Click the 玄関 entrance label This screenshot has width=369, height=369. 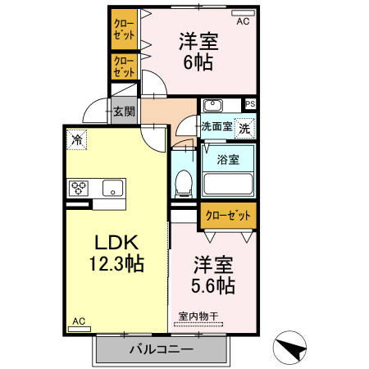(x=125, y=112)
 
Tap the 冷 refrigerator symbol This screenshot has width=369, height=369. (x=77, y=139)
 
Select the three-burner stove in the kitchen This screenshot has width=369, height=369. (x=79, y=189)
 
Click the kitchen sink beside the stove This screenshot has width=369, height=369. (x=112, y=189)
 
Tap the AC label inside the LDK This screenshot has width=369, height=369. (x=79, y=321)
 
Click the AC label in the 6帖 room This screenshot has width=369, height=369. (x=243, y=21)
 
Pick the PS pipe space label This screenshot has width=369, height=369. (x=250, y=104)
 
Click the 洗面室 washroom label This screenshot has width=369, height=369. (x=217, y=127)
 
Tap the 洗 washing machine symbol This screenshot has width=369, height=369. (x=244, y=128)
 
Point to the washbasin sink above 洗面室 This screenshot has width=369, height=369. (x=212, y=105)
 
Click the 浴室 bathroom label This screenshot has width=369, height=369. (x=228, y=160)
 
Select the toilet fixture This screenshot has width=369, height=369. (x=184, y=181)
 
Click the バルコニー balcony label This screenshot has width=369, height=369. (x=161, y=350)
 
